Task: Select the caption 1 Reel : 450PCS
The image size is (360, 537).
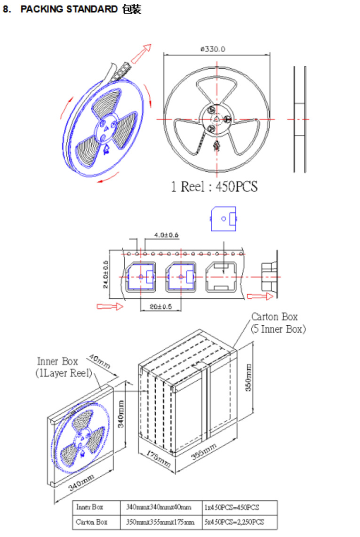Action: pos(214,187)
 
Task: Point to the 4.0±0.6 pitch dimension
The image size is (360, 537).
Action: pos(166,235)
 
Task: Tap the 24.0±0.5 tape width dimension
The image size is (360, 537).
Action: pos(105,274)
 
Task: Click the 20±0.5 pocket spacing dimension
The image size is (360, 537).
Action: pos(160,307)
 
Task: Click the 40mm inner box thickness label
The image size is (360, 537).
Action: pos(100,363)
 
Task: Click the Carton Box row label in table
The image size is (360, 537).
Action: pos(92,522)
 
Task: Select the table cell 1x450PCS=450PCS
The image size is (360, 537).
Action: pos(232,507)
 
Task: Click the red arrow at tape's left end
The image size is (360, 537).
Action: pos(110,307)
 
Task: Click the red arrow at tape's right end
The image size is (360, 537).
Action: pos(260,297)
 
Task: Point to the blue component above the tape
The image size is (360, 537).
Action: pos(223,218)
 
